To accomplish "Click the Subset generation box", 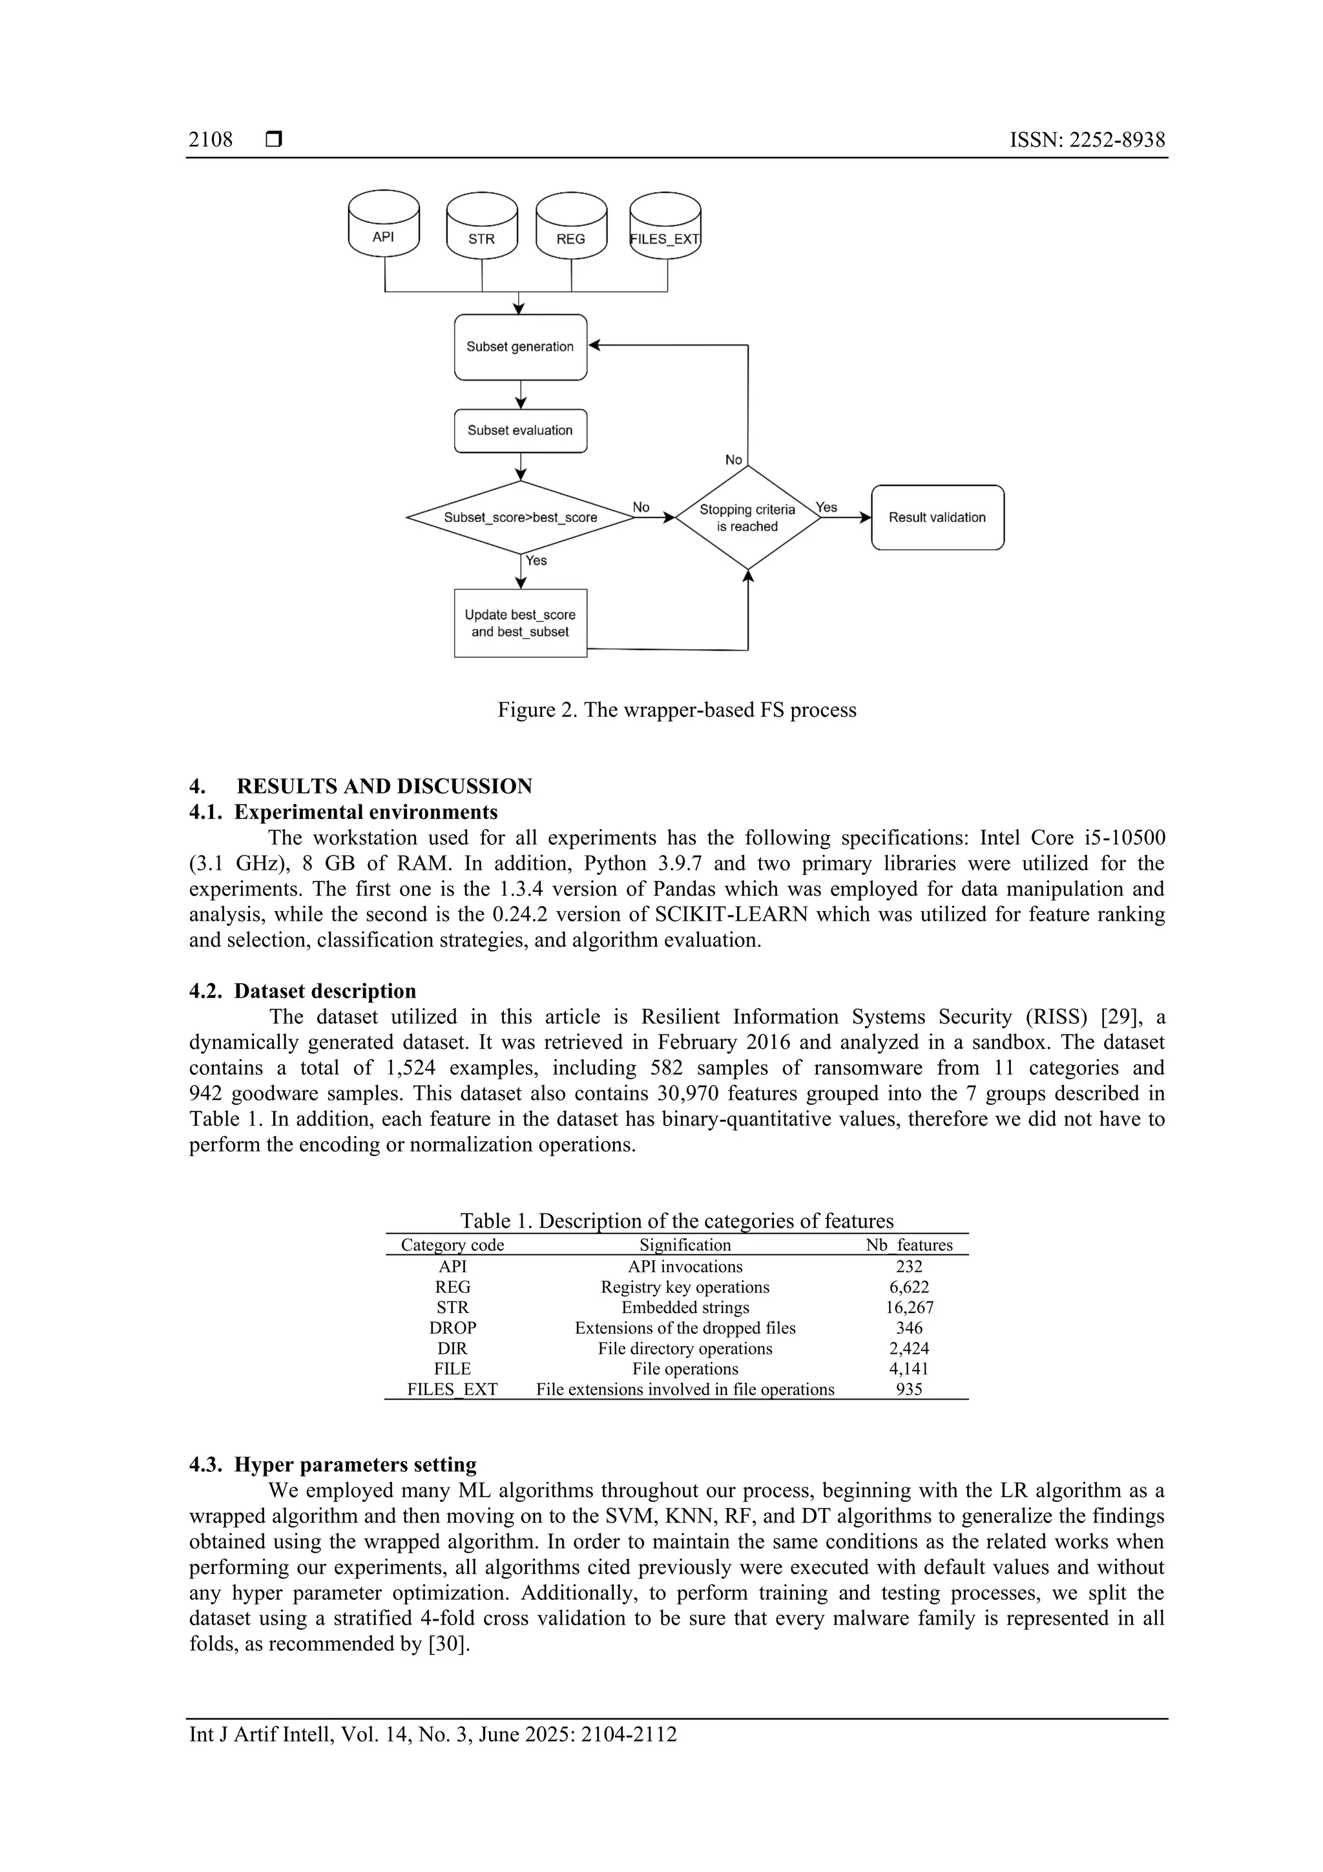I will pos(520,346).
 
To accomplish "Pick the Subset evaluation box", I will pos(520,430).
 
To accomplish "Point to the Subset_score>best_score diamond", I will pos(520,517).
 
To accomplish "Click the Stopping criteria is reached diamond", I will pos(747,517).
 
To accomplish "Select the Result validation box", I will pos(937,517).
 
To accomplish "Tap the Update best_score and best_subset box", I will pos(520,623).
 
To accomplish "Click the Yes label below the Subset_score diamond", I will pos(536,560).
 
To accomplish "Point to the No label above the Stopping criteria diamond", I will pos(734,460).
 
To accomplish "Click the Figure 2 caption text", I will pos(676,710).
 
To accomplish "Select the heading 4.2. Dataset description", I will pos(302,991).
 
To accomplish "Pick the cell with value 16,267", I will pos(909,1307).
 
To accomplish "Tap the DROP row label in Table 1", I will pos(452,1327).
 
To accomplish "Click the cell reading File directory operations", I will pos(685,1348).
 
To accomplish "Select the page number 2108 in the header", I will pos(211,140).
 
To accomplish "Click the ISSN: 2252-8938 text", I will pos(1087,140).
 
